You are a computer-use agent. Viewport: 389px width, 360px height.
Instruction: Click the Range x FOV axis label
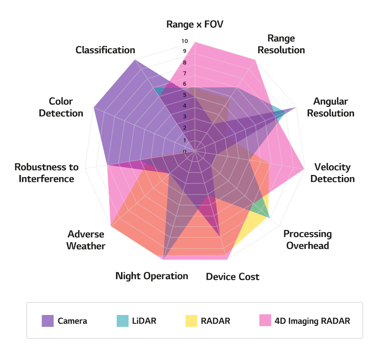coord(195,24)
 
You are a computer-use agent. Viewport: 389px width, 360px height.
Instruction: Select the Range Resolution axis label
coord(281,44)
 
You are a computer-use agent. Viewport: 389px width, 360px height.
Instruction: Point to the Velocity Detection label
coord(332,173)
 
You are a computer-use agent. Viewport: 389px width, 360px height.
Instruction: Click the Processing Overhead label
coord(308,240)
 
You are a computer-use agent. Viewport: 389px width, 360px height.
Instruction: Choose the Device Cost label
coord(233,277)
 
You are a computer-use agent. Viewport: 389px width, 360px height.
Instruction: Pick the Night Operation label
coord(152,276)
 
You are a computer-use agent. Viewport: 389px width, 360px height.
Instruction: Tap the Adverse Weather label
coord(86,240)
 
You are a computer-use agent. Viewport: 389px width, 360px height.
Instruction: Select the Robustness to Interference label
coord(46,173)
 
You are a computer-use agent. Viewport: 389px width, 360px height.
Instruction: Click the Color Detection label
coord(61,107)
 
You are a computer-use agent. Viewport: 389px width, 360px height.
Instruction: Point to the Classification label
coord(105,50)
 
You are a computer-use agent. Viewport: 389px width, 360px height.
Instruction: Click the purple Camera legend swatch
coord(48,321)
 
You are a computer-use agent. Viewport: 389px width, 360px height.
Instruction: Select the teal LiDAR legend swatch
coord(122,321)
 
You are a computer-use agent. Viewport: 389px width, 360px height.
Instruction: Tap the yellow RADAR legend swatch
coord(191,321)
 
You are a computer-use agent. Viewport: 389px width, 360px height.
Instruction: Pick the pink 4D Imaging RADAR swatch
coord(265,321)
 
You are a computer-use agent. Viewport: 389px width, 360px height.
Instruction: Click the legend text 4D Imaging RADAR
coord(312,321)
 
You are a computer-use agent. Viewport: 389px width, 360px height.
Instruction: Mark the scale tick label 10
coord(185,41)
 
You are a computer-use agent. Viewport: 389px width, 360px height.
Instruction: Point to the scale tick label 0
coord(185,152)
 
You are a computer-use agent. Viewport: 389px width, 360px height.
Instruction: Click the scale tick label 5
coord(185,95)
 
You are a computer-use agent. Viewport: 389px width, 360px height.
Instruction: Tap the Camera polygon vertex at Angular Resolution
coord(296,107)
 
